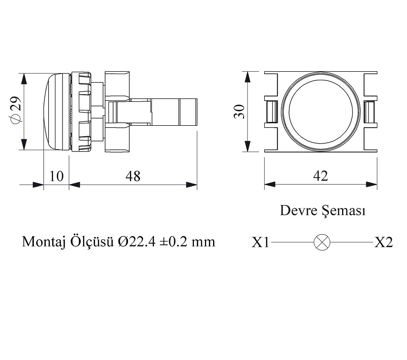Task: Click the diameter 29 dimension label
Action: (15, 110)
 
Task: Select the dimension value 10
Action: (56, 176)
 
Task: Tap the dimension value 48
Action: (133, 176)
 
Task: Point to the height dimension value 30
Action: (239, 111)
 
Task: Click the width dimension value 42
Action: (321, 176)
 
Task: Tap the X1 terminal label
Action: (260, 242)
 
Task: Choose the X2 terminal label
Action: (384, 242)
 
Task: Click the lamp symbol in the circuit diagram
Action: (322, 242)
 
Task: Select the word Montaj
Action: (43, 242)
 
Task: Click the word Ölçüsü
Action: (91, 242)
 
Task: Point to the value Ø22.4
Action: (137, 242)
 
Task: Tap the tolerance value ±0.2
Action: (173, 242)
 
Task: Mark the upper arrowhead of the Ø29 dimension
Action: (24, 78)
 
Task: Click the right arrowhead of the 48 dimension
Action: (192, 185)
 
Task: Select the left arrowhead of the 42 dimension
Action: (270, 185)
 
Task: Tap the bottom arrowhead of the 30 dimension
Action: (247, 146)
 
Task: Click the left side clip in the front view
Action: (271, 112)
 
